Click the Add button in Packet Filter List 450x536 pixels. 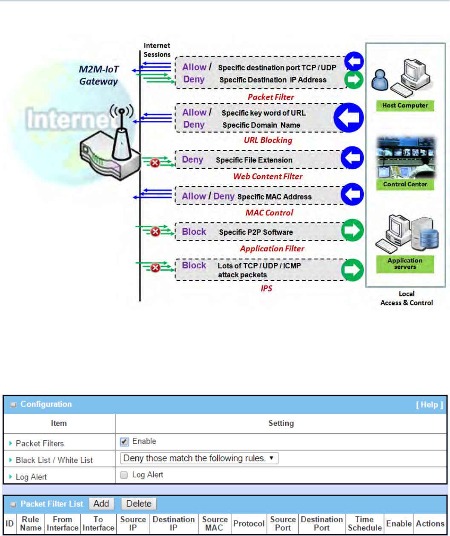101,504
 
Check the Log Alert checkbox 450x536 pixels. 124,474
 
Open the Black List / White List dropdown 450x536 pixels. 199,458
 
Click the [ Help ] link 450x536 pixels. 430,405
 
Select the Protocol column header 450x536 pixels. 249,524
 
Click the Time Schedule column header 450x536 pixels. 364,524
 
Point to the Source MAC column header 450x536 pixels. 215,524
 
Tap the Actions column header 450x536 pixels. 430,524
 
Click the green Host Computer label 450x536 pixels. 405,105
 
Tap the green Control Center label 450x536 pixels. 405,185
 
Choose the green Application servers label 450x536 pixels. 405,263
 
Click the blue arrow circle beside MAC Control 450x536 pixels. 352,196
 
